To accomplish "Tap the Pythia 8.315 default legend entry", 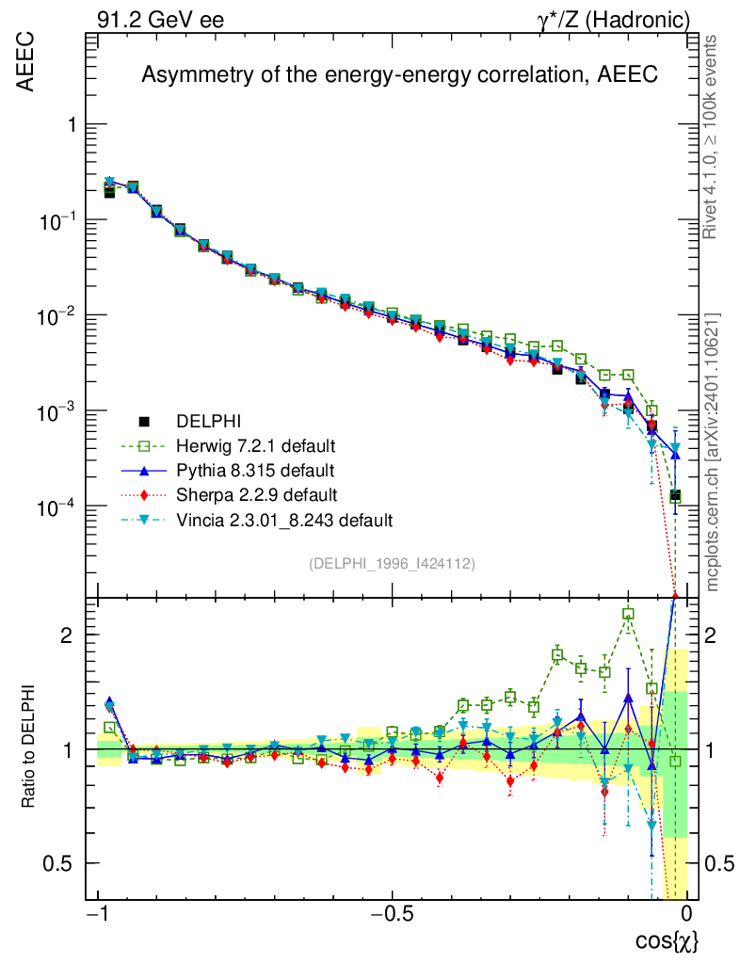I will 255,470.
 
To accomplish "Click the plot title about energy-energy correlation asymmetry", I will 399,76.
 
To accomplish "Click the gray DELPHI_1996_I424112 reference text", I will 392,563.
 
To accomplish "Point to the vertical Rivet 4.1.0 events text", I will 713,138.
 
